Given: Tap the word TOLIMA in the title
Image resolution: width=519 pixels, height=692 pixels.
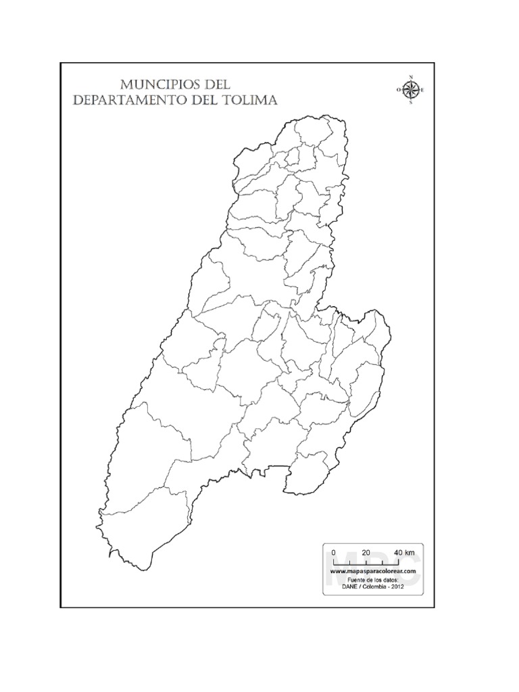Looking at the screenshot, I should (253, 101).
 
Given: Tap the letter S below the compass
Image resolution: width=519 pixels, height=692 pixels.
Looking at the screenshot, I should (410, 103).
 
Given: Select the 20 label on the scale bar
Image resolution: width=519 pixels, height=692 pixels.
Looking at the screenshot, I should (366, 552).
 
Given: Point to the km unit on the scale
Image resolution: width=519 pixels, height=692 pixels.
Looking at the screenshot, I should (414, 552).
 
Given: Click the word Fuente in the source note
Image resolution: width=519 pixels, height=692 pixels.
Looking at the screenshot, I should (356, 580).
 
